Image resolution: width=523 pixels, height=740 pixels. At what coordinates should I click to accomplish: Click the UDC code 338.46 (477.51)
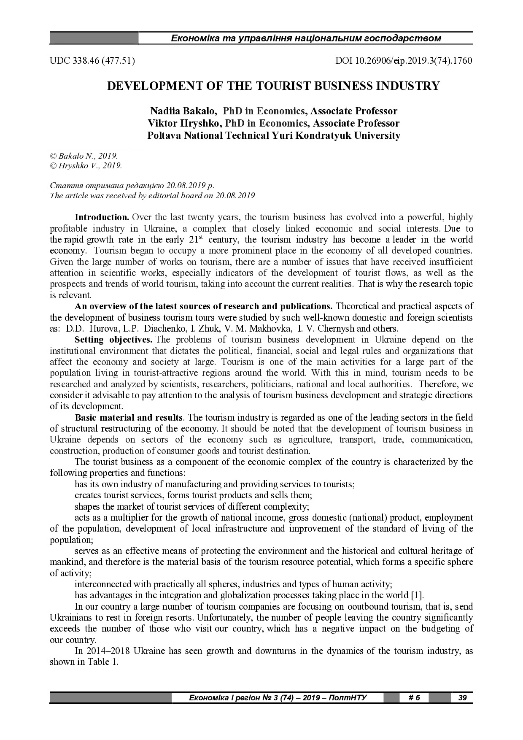[x=92, y=61]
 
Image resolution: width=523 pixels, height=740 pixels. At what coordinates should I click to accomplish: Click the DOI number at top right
[x=404, y=61]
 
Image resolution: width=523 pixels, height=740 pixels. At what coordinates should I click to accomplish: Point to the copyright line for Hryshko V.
[x=86, y=166]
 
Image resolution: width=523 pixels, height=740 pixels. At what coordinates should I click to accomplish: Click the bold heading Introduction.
[x=102, y=217]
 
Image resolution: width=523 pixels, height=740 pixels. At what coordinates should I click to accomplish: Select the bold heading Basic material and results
[x=129, y=418]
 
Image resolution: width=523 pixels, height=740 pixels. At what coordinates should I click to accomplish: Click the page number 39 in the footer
[x=462, y=697]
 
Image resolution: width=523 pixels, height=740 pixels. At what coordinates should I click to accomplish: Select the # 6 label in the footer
[x=414, y=697]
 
